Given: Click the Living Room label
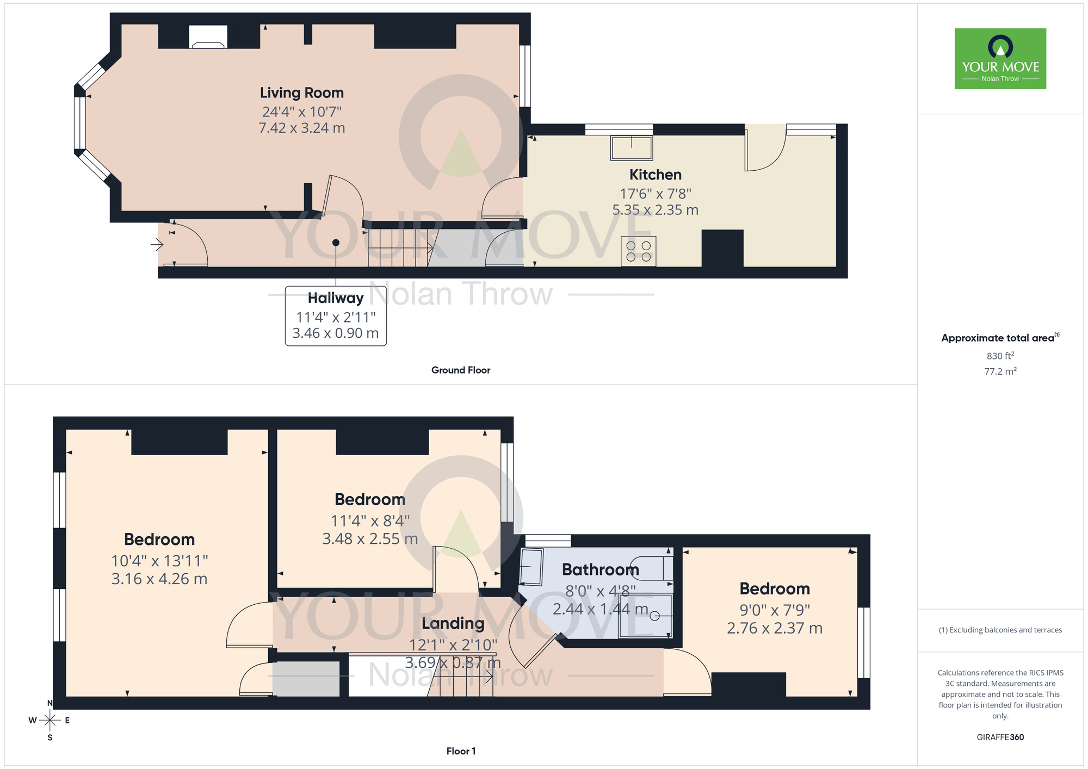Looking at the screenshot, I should point(301,93).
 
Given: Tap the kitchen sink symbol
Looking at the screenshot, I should point(631,148).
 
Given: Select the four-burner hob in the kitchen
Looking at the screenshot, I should point(638,251).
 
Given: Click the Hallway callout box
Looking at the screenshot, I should point(336,316).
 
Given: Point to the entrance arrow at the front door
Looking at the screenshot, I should point(157,245).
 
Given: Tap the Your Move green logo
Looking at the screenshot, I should point(1000,59).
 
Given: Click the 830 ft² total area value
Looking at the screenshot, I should point(1000,356).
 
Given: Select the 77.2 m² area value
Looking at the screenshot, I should point(1000,371).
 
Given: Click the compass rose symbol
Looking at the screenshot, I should point(50,721).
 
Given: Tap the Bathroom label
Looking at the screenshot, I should point(600,569).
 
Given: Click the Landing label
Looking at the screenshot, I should point(453,623).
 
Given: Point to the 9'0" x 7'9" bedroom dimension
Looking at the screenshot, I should point(774,610).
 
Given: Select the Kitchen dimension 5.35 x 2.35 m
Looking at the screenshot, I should point(655,210).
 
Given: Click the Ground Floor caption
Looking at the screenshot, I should point(460,370).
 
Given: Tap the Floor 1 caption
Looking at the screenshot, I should point(460,751).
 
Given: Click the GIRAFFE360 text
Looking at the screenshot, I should point(1000,737).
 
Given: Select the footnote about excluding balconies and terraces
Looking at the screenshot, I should point(1000,630).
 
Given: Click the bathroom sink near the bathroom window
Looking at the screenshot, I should point(531,567).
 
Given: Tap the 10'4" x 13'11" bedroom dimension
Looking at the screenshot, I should point(159,561).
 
